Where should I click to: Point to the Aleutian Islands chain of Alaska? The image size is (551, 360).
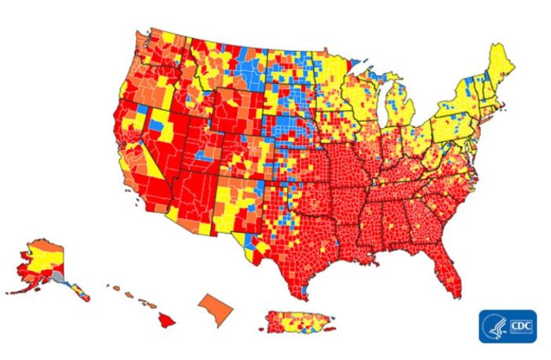[20, 291]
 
